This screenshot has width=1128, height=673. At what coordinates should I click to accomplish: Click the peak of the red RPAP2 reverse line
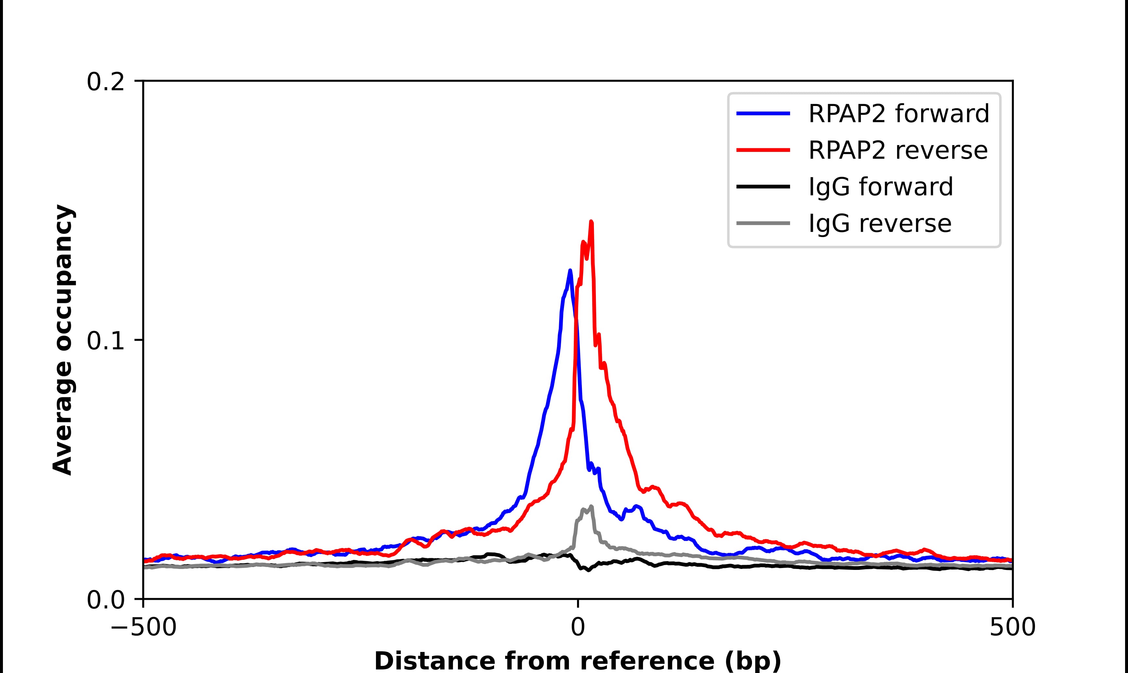click(591, 222)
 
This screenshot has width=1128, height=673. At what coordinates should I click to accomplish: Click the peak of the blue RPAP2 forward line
click(570, 271)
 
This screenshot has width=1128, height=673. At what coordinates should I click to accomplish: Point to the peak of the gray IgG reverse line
click(591, 506)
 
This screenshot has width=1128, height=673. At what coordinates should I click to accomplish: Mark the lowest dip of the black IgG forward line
click(589, 570)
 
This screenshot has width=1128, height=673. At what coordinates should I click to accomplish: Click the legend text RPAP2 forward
click(898, 113)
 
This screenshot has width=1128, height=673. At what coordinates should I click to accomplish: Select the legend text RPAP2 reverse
click(898, 150)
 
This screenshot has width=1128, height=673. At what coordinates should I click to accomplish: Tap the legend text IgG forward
click(880, 187)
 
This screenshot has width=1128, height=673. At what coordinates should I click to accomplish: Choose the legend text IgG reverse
click(880, 224)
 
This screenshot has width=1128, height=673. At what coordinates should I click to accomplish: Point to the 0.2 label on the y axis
click(105, 82)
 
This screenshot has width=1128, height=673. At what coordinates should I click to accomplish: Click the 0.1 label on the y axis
click(105, 341)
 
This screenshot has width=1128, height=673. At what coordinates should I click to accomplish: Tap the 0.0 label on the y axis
click(105, 600)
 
